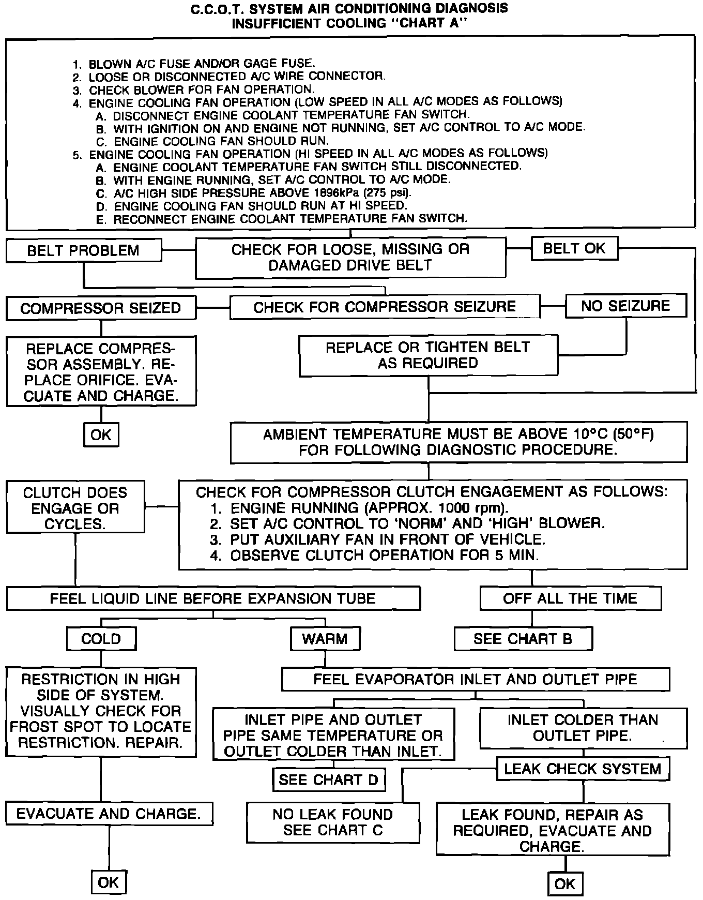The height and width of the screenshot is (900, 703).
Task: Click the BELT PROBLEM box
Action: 83,251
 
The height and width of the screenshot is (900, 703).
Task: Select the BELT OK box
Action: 574,248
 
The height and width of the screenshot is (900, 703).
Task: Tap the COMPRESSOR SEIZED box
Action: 101,308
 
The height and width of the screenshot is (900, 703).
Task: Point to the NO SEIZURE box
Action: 625,306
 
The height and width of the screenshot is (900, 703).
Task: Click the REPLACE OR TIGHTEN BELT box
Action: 428,355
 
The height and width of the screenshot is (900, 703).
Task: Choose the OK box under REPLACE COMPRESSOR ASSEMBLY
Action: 101,434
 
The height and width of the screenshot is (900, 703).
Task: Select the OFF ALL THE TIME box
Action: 570,598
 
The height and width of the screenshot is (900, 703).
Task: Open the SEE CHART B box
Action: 523,639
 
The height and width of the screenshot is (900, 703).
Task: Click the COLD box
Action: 101,639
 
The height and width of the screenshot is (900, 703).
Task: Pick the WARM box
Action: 325,639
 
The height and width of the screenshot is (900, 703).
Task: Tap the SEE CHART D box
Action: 329,779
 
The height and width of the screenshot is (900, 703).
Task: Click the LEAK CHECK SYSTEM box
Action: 583,769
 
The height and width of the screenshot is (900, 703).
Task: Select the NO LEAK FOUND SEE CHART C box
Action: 333,822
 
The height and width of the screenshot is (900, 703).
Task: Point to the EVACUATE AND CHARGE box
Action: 109,814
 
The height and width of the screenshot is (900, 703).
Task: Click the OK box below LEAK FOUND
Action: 564,884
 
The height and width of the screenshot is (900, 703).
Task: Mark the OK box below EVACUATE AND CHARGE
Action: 109,882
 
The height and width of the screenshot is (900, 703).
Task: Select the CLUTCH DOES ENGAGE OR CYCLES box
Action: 75,508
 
